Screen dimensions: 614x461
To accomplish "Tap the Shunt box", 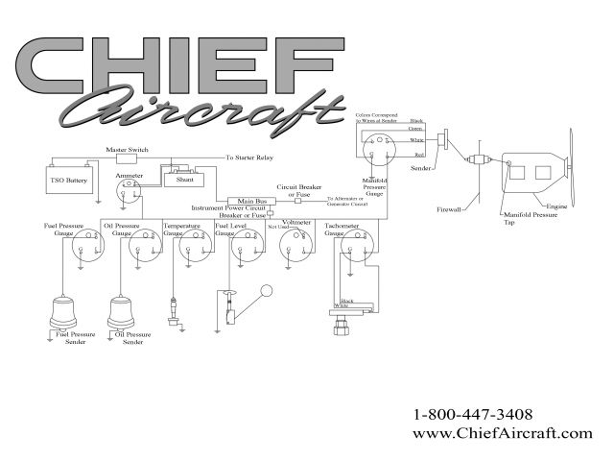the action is pyautogui.click(x=184, y=179).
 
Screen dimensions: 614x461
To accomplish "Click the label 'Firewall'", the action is pyautogui.click(x=451, y=206).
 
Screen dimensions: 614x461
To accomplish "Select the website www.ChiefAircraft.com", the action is pyautogui.click(x=502, y=433).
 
